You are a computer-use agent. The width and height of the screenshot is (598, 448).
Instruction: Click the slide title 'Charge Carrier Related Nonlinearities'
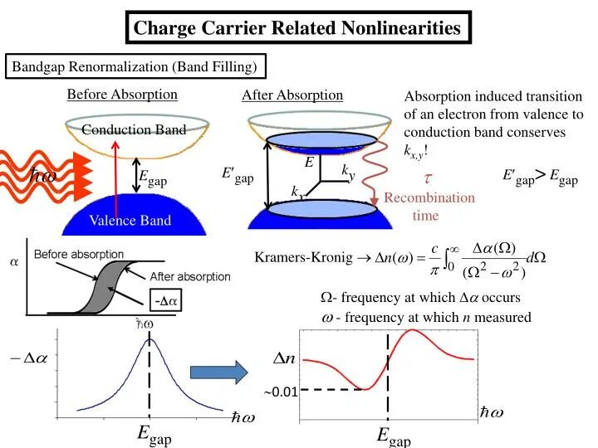point(297,28)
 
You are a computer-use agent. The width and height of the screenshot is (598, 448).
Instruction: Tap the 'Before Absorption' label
point(122,94)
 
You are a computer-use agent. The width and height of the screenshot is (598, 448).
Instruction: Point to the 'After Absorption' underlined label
point(292,95)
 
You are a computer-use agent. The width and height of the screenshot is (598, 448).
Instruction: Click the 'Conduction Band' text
point(122,129)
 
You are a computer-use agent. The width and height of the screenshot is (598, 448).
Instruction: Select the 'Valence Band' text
point(131,220)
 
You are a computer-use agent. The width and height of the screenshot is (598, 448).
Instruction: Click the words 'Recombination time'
point(429,206)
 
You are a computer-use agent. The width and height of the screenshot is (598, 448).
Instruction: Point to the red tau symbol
point(428,178)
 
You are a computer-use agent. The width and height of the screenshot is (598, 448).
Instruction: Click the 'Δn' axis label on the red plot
point(284,358)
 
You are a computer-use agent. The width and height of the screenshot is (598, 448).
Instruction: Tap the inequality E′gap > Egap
point(539,176)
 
